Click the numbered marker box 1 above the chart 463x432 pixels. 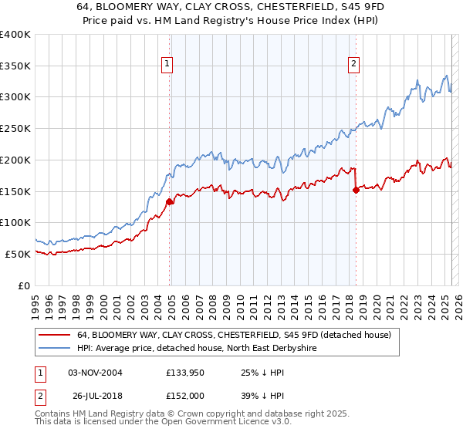point(167,65)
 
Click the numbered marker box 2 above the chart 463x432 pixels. point(353,65)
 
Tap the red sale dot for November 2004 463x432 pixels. point(169,202)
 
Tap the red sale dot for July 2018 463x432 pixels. point(356,191)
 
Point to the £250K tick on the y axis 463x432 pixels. point(15,128)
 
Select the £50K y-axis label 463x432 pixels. point(19,254)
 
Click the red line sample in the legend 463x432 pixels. point(55,335)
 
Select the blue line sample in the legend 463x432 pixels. point(55,348)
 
